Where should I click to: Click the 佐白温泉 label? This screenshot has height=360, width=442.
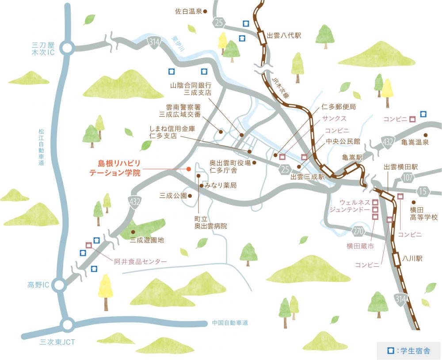pyautogui.click(x=188, y=11)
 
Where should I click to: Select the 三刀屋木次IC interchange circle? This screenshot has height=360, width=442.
pyautogui.click(x=68, y=48)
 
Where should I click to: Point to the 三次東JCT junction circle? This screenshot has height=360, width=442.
pyautogui.click(x=68, y=325)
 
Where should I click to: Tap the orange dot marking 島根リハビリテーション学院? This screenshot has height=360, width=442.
pyautogui.click(x=188, y=169)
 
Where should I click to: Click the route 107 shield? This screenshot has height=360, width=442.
pyautogui.click(x=408, y=177)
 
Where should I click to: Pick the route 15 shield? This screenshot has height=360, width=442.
pyautogui.click(x=423, y=191)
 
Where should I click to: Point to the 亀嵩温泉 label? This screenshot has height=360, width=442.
pyautogui.click(x=415, y=143)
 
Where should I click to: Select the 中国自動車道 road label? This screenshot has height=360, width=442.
pyautogui.click(x=230, y=323)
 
